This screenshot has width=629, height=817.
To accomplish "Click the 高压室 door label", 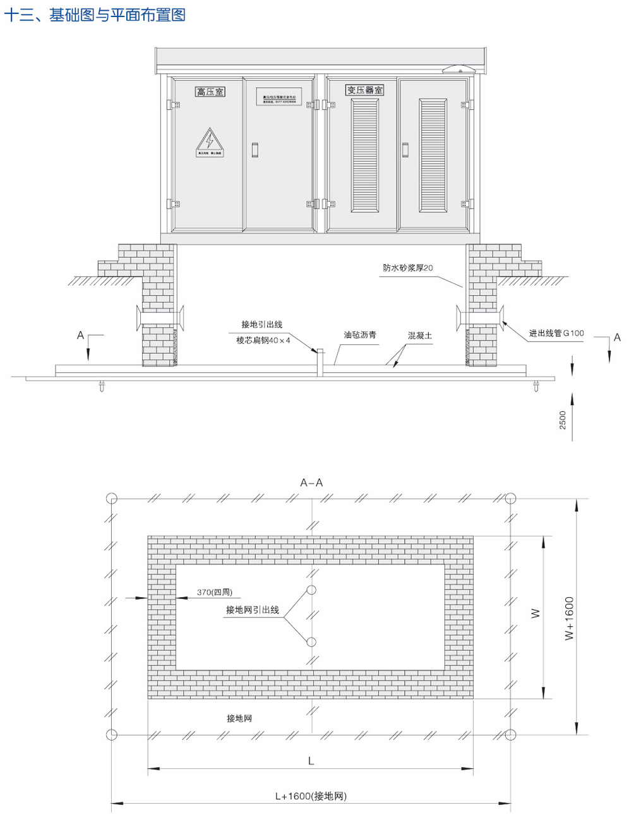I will click(210, 92).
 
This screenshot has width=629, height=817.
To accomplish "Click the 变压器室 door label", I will click(364, 90).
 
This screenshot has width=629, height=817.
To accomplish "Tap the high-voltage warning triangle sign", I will click(210, 140).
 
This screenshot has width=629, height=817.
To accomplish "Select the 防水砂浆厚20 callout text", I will click(408, 268).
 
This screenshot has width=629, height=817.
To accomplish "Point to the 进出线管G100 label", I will click(556, 333).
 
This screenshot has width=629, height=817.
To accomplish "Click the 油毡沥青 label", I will click(360, 335).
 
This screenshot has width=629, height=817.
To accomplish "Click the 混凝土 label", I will click(420, 336).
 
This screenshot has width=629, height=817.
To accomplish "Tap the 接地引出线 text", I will click(261, 325).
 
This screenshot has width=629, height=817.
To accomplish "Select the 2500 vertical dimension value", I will click(563, 420).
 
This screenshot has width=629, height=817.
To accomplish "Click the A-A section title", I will click(311, 483).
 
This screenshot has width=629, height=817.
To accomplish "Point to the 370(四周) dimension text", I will click(215, 592).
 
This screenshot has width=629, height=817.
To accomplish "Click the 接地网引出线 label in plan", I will click(253, 610).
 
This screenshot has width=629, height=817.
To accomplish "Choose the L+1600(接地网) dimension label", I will click(311, 796).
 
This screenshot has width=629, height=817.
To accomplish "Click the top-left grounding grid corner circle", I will click(111, 498).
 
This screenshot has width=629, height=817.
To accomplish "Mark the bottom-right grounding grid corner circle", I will click(510, 735).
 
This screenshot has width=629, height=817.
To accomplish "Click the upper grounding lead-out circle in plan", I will click(311, 590).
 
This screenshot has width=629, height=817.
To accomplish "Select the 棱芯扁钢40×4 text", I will click(263, 341).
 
